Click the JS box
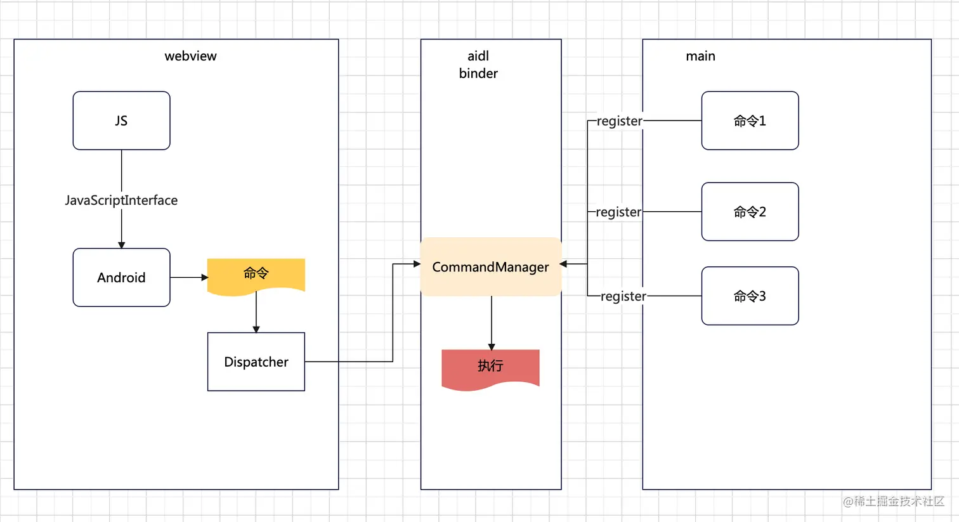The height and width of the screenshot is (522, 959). (x=121, y=121)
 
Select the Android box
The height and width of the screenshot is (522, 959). (x=121, y=277)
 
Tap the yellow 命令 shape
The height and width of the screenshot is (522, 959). (x=256, y=274)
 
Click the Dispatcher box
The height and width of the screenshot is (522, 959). (x=256, y=362)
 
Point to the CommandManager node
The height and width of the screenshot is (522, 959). (x=491, y=267)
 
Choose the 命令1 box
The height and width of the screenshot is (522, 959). (x=750, y=121)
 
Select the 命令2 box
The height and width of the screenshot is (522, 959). (x=750, y=212)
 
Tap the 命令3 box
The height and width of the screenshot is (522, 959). (x=750, y=296)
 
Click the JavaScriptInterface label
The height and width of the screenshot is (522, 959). (x=121, y=200)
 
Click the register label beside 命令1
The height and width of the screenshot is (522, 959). (x=620, y=121)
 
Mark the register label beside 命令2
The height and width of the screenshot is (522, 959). (x=618, y=212)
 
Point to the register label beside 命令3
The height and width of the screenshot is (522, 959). (x=623, y=296)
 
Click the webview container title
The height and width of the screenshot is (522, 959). (x=190, y=56)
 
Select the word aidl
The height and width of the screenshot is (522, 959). (x=478, y=56)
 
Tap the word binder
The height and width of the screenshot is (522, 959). (x=478, y=74)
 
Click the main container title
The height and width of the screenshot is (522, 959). (x=700, y=56)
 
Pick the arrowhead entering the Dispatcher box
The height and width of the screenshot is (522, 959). (x=256, y=329)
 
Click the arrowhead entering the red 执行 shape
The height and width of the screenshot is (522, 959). (x=492, y=346)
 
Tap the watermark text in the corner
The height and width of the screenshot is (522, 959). (x=894, y=502)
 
